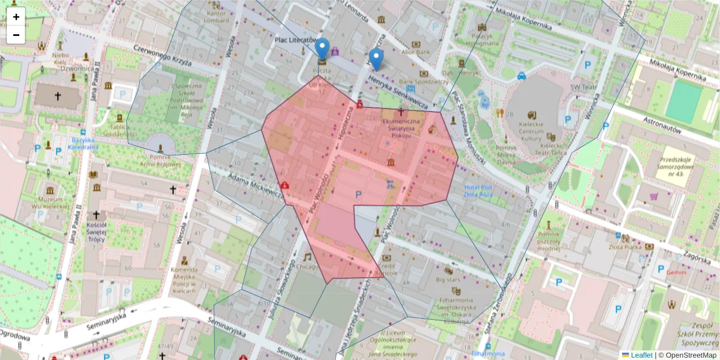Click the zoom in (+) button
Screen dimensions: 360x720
pyautogui.click(x=16, y=17)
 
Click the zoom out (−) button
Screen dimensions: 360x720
pyautogui.click(x=16, y=35)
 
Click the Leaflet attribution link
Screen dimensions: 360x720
pyautogui.click(x=641, y=355)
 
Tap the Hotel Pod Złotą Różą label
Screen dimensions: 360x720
pyautogui.click(x=478, y=191)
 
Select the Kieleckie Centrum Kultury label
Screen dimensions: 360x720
pyautogui.click(x=531, y=130)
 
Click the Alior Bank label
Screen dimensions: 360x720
pyautogui.click(x=416, y=52)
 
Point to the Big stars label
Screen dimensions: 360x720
pyautogui.click(x=448, y=279)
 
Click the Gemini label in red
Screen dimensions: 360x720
pyautogui.click(x=676, y=272)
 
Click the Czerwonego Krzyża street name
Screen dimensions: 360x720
pyautogui.click(x=162, y=55)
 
